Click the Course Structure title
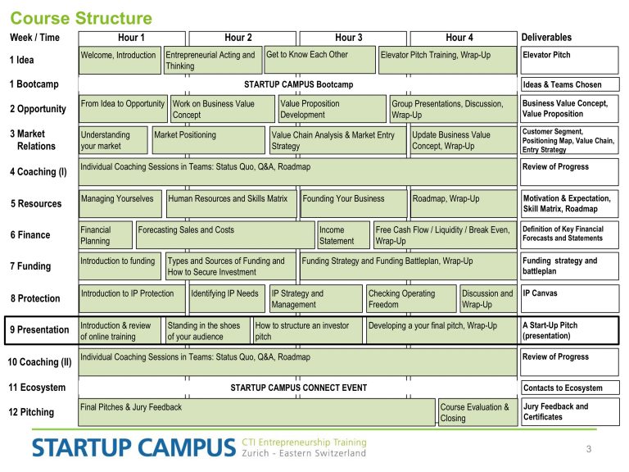tap(81, 18)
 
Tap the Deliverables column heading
tap(546, 38)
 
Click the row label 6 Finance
tap(30, 235)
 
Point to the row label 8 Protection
tap(35, 298)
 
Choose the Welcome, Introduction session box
tap(120, 60)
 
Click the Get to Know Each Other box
tap(319, 60)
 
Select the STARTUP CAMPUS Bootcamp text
tap(298, 84)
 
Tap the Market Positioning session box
tap(209, 140)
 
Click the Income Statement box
tap(343, 235)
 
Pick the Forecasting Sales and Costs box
tap(225, 235)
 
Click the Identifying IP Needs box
tap(227, 298)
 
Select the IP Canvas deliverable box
tap(570, 298)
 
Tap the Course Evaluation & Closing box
tap(477, 412)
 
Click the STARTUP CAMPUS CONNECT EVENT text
tap(298, 388)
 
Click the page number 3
tap(589, 449)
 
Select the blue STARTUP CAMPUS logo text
tap(133, 447)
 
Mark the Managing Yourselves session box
tap(120, 204)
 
